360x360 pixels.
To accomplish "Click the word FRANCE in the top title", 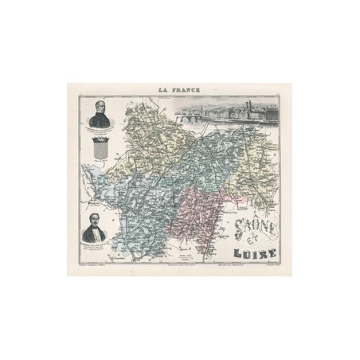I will (187, 90).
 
